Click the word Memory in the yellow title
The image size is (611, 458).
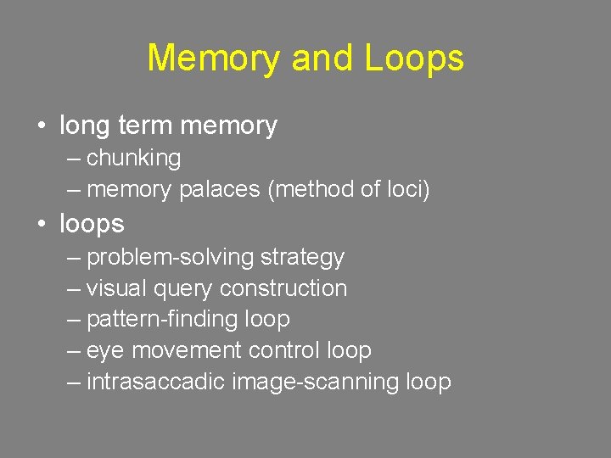(214, 59)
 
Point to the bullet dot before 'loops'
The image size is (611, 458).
(42, 225)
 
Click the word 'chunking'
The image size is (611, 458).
(134, 159)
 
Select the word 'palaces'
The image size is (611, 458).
(220, 190)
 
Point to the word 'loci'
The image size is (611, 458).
(404, 190)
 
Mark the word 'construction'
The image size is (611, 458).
(283, 288)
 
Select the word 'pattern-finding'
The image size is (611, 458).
(162, 320)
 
